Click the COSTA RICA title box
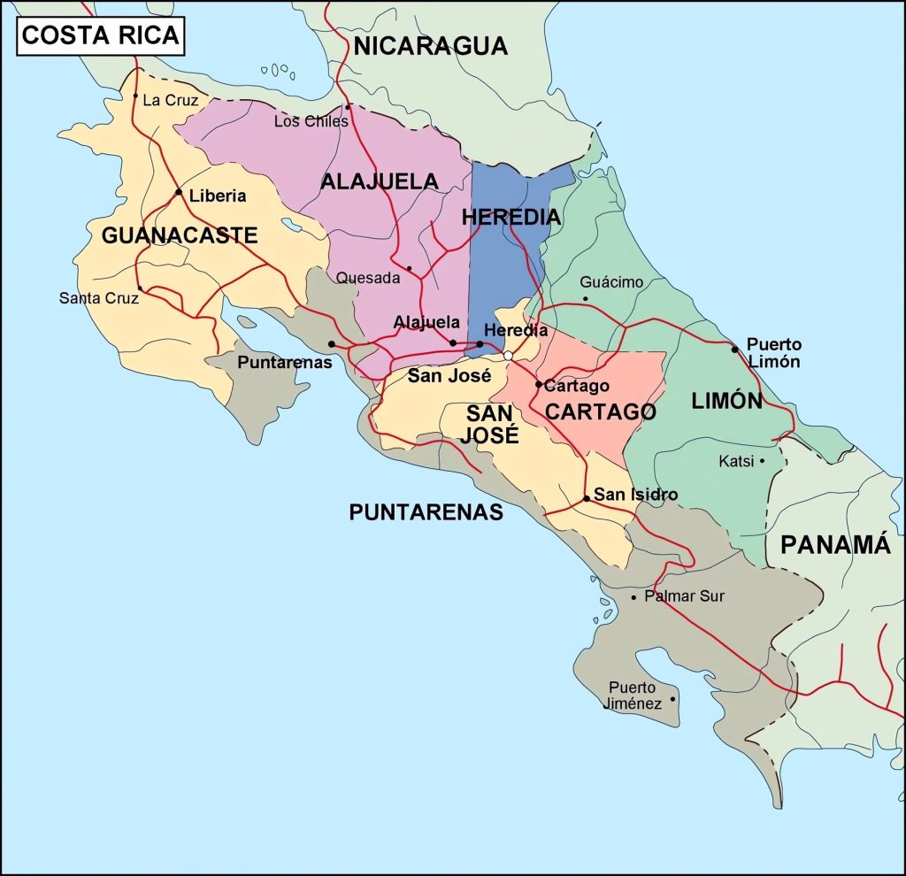(100, 35)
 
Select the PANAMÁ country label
(834, 545)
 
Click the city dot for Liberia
(179, 192)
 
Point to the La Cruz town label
(170, 100)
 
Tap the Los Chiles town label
(311, 121)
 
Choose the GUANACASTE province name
(180, 235)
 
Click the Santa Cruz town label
(98, 298)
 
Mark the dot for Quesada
(409, 268)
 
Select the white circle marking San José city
(508, 356)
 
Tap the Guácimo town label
(611, 282)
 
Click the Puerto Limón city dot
(734, 350)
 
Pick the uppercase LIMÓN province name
(726, 401)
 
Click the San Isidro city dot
(587, 499)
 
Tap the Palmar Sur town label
(684, 596)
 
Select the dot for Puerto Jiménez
(672, 699)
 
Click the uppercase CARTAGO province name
(600, 411)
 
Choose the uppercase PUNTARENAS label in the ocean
(426, 512)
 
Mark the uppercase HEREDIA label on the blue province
(511, 217)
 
